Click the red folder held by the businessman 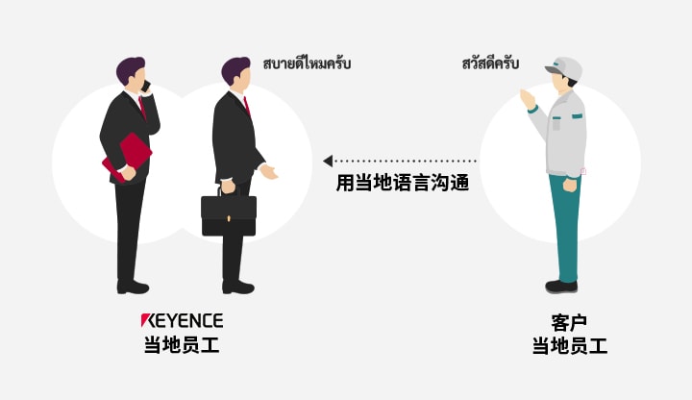tap(127, 156)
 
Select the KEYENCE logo tap(182, 320)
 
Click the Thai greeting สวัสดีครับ tap(490, 64)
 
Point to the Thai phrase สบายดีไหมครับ tap(307, 64)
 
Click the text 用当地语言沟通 tap(402, 183)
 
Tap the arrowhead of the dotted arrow tap(328, 161)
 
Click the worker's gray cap tap(564, 67)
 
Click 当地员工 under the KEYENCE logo tap(182, 344)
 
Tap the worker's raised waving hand tap(526, 99)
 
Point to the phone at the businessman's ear tap(146, 86)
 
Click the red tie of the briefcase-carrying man tap(246, 105)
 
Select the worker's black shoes tap(561, 286)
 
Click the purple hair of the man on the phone tap(130, 68)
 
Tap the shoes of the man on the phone tap(133, 287)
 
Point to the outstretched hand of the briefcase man tap(269, 172)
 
